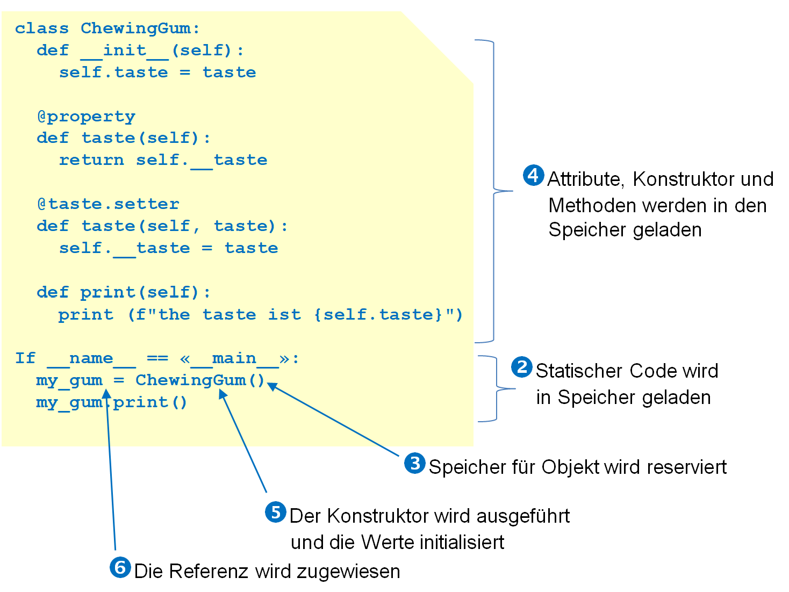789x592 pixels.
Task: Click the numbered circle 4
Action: click(533, 175)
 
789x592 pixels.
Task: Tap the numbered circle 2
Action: click(521, 367)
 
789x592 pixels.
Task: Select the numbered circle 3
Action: click(414, 463)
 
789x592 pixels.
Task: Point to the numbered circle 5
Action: click(275, 512)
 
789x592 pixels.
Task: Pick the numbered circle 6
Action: click(120, 567)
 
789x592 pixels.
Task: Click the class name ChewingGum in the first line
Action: click(135, 28)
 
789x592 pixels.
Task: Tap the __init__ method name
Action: click(124, 51)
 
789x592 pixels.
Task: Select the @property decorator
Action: click(87, 117)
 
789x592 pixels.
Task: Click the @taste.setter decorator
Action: click(108, 204)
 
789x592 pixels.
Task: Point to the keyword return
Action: click(91, 160)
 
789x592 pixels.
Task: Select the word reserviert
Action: click(687, 467)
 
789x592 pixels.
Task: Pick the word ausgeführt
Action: click(523, 516)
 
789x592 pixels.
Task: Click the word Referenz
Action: click(209, 571)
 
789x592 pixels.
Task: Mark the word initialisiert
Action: click(433, 542)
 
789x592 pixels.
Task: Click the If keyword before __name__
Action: click(25, 358)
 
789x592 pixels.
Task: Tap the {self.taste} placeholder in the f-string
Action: click(378, 314)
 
